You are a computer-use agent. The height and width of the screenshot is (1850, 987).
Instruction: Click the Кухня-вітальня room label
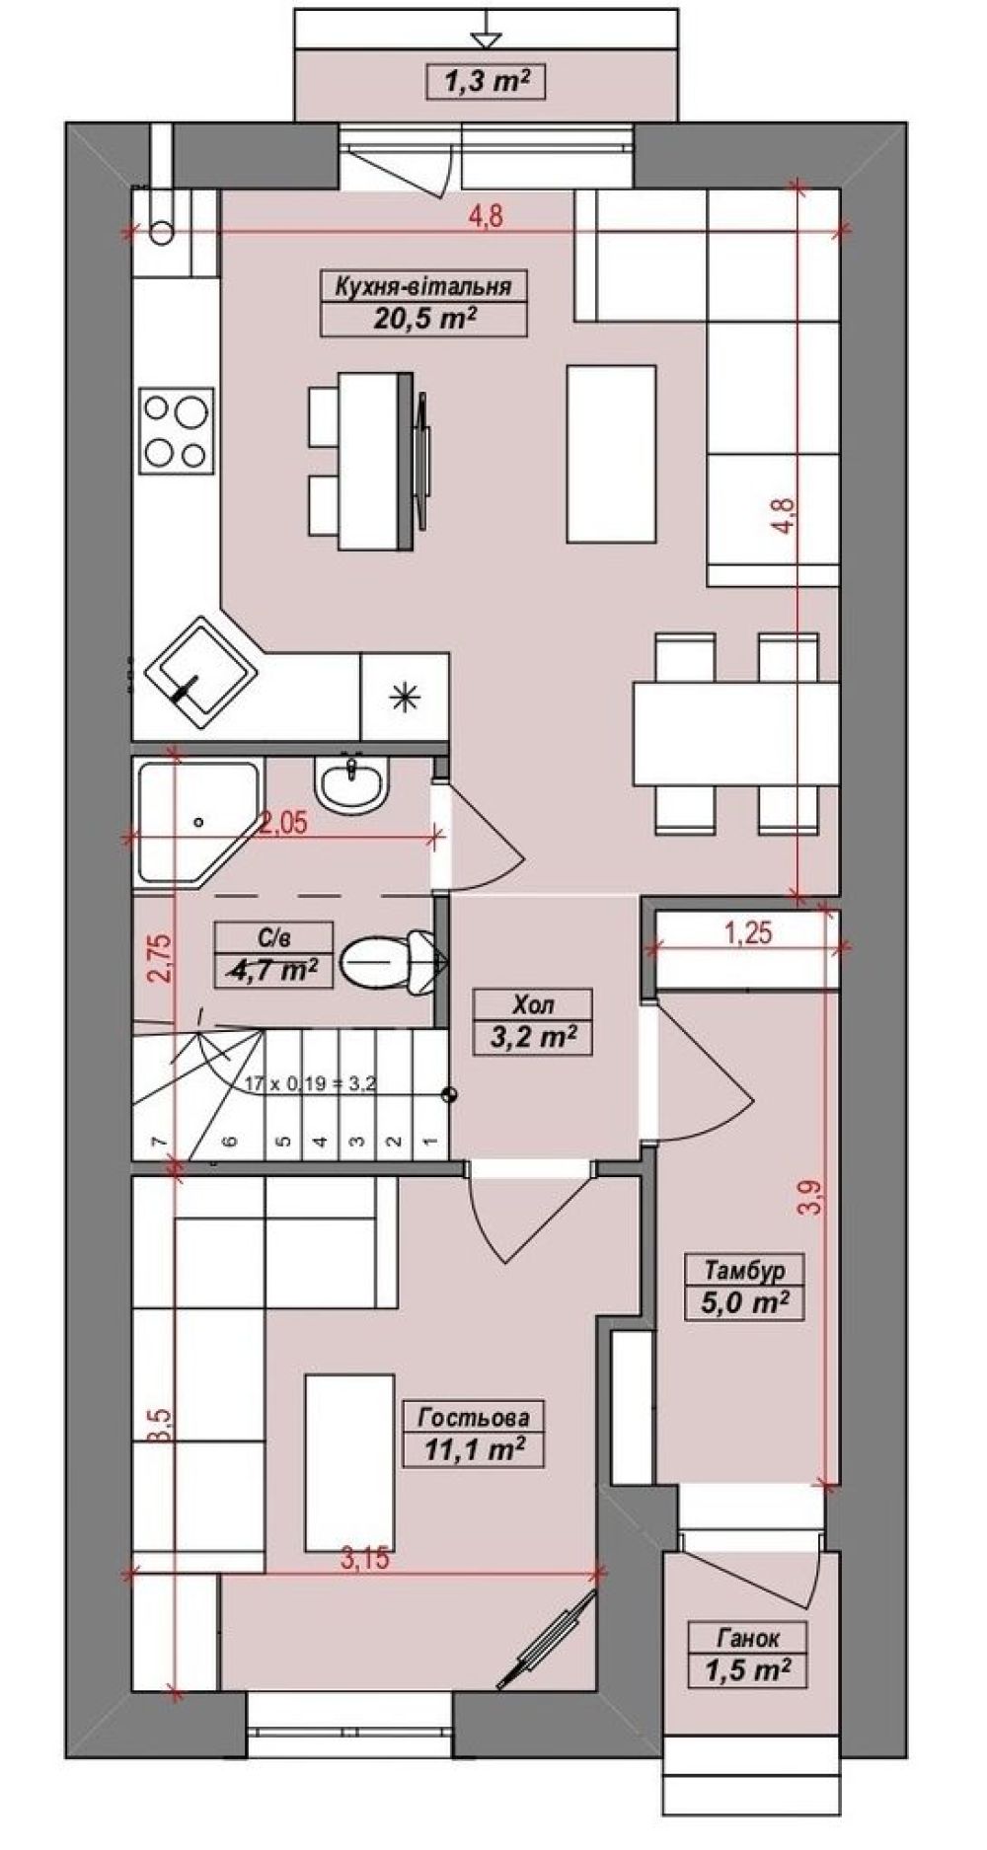click(422, 286)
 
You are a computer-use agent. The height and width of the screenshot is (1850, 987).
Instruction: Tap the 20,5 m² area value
click(422, 318)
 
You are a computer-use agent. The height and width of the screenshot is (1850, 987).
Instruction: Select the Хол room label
click(533, 1005)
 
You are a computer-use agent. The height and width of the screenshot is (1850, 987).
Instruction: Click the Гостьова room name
click(474, 1418)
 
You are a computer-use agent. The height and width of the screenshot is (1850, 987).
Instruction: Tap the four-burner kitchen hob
click(178, 427)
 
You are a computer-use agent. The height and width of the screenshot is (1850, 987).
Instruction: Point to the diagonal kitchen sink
click(202, 668)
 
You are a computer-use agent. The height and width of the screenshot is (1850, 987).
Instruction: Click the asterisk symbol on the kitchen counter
click(405, 698)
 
